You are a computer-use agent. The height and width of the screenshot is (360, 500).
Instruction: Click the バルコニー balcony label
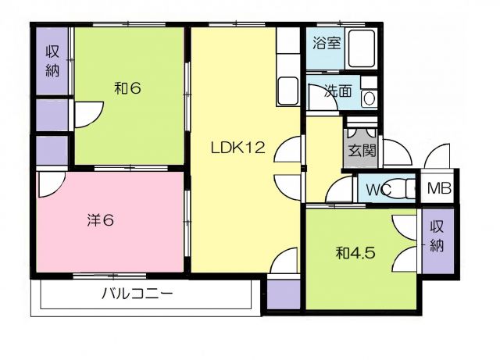pyautogui.click(x=137, y=294)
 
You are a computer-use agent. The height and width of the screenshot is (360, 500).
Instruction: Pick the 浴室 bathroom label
pyautogui.click(x=326, y=42)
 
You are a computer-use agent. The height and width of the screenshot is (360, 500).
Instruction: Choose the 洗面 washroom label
pyautogui.click(x=337, y=91)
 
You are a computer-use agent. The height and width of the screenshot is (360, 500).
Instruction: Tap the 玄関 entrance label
pyautogui.click(x=362, y=149)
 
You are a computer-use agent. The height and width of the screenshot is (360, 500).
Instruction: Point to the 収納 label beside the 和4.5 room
pyautogui.click(x=437, y=237)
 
